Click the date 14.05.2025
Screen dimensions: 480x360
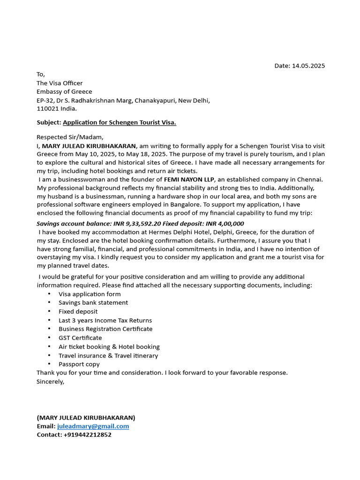[308, 66]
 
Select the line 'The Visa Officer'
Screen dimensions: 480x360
[60, 83]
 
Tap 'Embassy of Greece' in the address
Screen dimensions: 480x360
[64, 91]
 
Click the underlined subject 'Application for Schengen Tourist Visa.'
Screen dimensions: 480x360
[120, 122]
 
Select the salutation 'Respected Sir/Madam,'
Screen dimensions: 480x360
[70, 137]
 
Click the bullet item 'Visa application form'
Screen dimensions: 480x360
[90, 294]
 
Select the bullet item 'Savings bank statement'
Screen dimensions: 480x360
[93, 303]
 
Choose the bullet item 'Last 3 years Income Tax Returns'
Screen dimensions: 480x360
[105, 320]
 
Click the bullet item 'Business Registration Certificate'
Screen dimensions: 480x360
[105, 329]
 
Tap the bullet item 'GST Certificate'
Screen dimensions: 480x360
[80, 337]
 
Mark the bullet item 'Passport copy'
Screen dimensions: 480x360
[79, 364]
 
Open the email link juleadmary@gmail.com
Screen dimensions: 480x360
[93, 426]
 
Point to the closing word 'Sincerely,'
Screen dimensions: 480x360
[50, 382]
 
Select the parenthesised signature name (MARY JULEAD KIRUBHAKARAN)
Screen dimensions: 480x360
[86, 417]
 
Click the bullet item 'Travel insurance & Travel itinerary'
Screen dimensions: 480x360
[108, 355]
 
